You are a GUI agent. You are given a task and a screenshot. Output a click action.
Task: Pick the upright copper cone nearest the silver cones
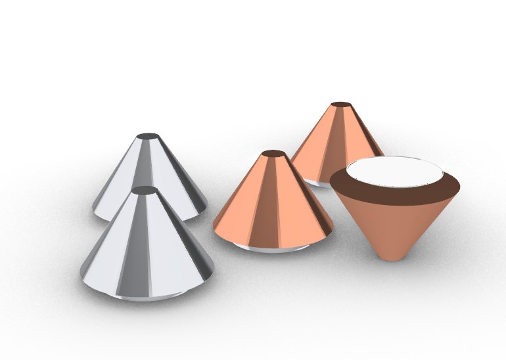pos(273,204)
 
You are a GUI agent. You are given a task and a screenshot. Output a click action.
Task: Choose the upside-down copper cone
pos(394,210)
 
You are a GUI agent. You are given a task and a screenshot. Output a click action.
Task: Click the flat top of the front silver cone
pos(145,191)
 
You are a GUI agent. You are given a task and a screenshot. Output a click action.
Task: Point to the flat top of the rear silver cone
pos(149,137)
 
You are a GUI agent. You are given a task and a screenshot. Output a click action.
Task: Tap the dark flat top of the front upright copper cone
pos(274,154)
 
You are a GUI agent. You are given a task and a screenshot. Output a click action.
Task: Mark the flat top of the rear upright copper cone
pos(340,104)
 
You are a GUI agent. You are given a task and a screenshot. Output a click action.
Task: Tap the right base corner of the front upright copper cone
pos(331,230)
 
